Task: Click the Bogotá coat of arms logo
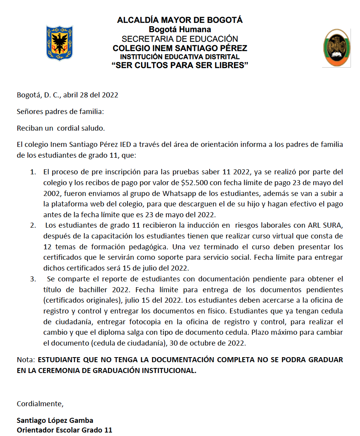point(60,43)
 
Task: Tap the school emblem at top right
point(336,48)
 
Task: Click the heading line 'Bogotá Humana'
point(180,29)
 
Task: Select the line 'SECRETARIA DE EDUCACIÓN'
point(180,39)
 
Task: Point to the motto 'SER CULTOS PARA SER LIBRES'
point(180,65)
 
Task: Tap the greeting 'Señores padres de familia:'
point(60,112)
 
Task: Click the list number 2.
point(33,225)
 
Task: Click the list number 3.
point(33,279)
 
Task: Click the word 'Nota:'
point(26,359)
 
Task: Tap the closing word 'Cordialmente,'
point(40,404)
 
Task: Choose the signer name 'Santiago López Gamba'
point(55,420)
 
